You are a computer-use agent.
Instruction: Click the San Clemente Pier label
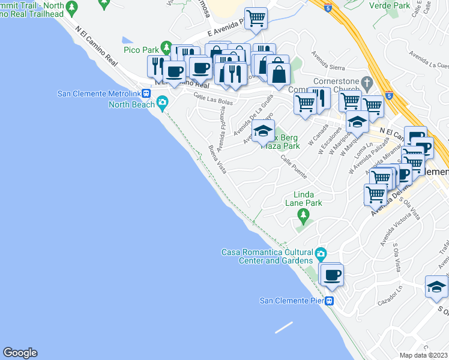[x=291, y=301]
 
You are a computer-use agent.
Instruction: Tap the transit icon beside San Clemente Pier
[x=329, y=301]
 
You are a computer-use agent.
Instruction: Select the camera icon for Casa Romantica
[x=321, y=254]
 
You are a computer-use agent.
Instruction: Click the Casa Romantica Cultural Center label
[x=268, y=256]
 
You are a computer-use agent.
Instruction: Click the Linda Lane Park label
[x=308, y=199]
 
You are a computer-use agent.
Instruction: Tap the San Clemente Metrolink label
[x=103, y=93]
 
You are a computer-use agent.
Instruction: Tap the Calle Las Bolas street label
[x=212, y=100]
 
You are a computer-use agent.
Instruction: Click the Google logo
[x=20, y=353]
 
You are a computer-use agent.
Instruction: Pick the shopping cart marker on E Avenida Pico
[x=256, y=18]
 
